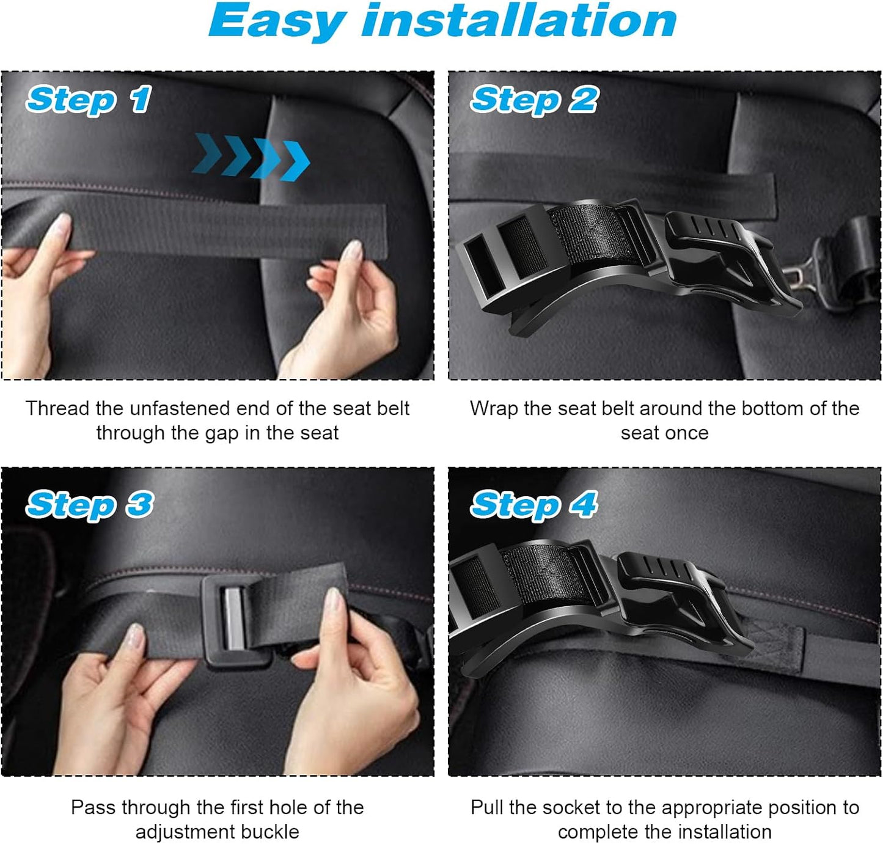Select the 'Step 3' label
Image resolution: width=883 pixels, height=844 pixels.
(x=89, y=505)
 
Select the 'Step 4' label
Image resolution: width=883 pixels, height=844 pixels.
(x=534, y=505)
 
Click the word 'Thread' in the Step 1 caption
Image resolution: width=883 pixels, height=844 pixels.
(x=55, y=408)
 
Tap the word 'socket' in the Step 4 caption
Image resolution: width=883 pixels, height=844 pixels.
(x=571, y=807)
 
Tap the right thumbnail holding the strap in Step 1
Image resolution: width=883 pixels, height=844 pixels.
(x=354, y=251)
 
